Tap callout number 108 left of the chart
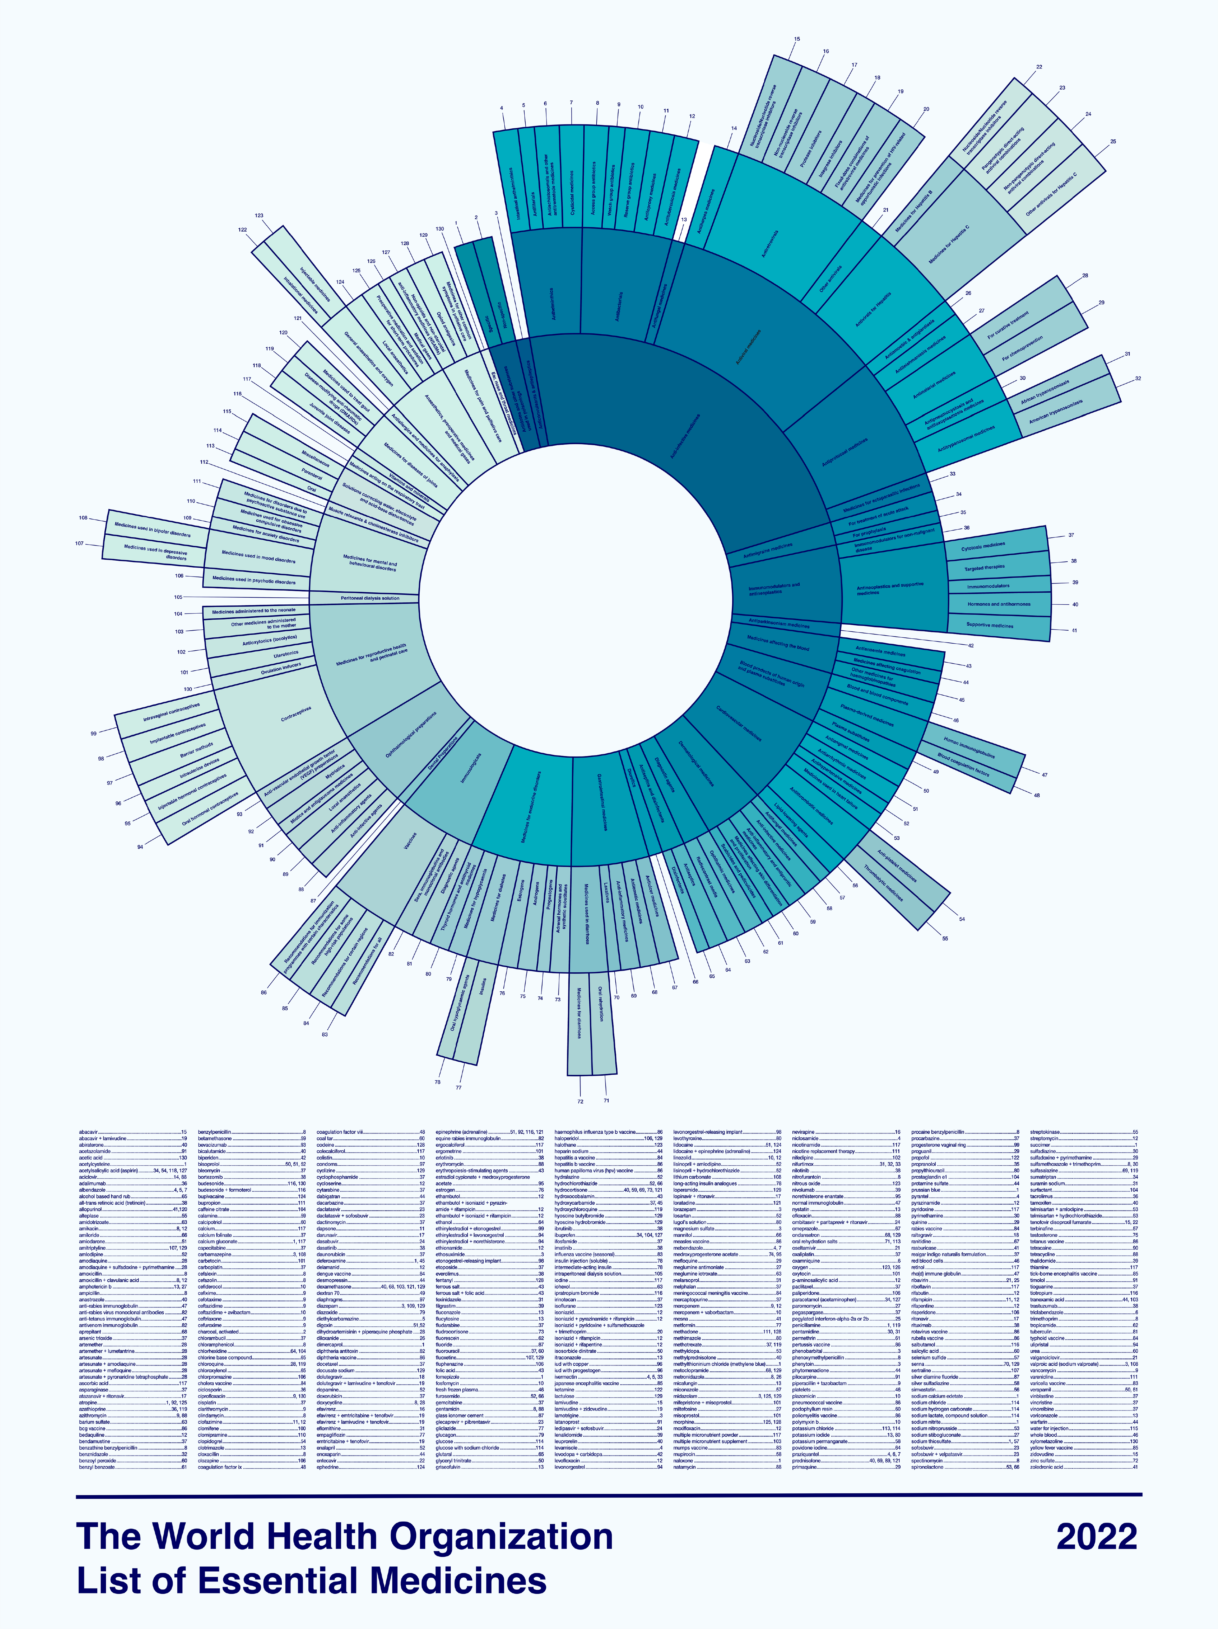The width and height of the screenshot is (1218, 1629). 83,518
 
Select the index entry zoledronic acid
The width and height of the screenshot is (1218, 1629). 1046,1467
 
